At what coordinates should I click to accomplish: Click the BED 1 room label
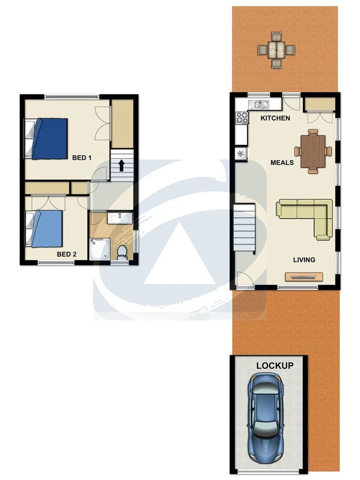[82, 157]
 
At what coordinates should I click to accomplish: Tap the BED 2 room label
[67, 254]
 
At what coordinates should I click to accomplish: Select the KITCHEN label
[275, 118]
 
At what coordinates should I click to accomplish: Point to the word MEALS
[282, 162]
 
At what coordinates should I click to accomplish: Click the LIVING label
[304, 260]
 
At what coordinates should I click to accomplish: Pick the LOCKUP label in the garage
[275, 366]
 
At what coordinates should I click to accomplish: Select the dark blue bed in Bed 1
[49, 138]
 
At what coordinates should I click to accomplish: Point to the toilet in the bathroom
[122, 252]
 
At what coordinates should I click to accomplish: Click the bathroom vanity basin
[119, 218]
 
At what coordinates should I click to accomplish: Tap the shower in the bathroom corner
[100, 249]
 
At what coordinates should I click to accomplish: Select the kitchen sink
[260, 105]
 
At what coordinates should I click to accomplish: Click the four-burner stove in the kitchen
[242, 118]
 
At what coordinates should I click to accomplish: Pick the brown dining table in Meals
[313, 151]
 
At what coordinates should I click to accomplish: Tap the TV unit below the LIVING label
[303, 277]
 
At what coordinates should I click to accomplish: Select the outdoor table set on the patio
[276, 50]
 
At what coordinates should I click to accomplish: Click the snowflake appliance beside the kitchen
[241, 154]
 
